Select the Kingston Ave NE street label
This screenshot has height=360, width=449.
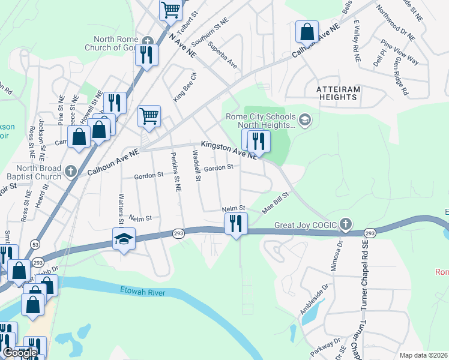(229, 149)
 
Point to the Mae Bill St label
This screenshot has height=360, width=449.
(276, 203)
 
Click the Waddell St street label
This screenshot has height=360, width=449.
(196, 166)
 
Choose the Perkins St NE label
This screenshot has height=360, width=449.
(176, 170)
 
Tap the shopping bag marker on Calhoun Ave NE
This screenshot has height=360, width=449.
(307, 31)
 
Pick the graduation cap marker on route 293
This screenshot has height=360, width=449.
(124, 239)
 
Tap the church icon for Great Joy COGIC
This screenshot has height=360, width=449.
(345, 225)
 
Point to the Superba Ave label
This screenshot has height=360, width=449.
(221, 55)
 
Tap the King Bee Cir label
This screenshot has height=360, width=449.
(185, 88)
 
